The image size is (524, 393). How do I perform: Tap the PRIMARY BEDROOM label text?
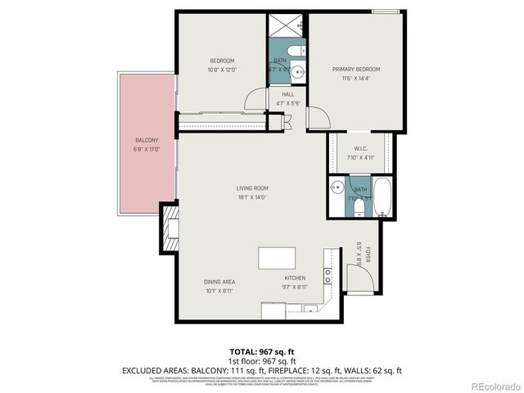[x=356, y=69]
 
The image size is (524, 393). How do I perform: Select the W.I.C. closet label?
[x=361, y=149]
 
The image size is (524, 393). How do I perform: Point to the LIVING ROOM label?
[x=252, y=188]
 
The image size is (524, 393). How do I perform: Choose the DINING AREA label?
[x=219, y=282]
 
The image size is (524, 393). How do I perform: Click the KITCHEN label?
[x=295, y=278]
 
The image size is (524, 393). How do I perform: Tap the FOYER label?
[x=368, y=255]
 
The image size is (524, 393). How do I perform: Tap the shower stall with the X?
[x=287, y=25]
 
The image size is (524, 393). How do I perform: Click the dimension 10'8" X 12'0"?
[x=222, y=70]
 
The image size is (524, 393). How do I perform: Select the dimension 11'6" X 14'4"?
[x=356, y=78]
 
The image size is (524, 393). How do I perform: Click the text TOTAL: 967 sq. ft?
[x=262, y=351]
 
